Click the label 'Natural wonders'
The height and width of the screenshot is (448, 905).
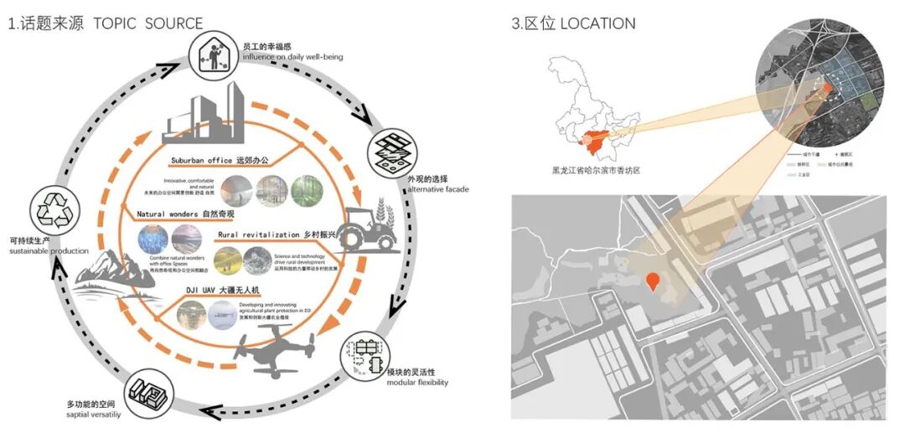point(168,215)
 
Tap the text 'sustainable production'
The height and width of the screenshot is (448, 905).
point(49,251)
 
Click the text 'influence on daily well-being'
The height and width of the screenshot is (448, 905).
point(292,57)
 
